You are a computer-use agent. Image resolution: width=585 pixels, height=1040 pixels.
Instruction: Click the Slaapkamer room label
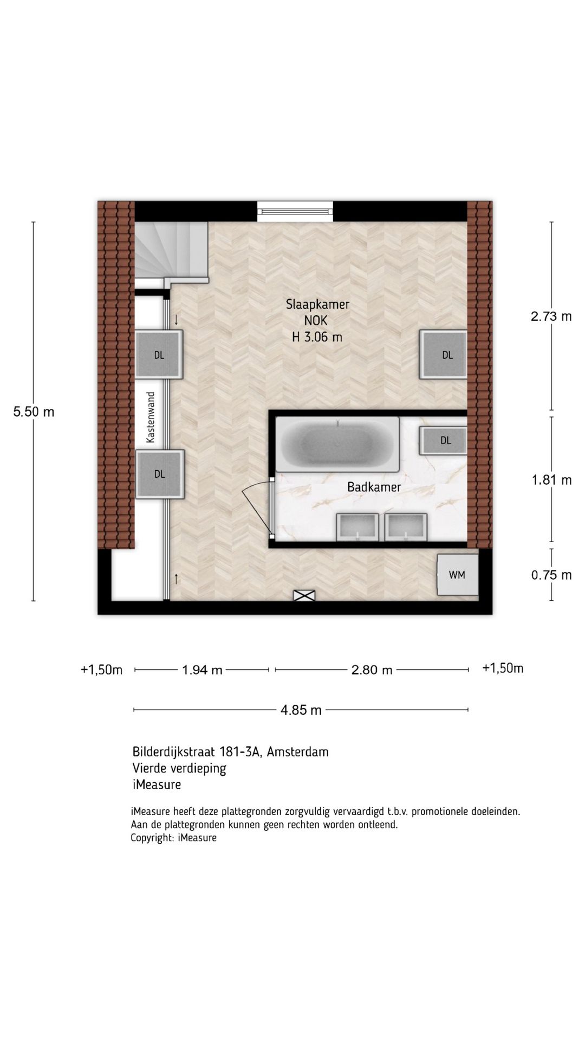coord(317,304)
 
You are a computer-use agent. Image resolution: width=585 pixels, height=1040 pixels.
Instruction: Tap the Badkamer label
coord(374,487)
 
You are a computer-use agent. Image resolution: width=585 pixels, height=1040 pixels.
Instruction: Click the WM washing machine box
coord(457,575)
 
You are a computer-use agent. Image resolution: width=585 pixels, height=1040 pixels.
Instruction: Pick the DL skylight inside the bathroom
coord(445,440)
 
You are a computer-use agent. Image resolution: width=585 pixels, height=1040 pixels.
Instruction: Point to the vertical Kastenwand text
coord(151,417)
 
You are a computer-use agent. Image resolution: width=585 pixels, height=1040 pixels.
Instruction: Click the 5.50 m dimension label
coord(34,412)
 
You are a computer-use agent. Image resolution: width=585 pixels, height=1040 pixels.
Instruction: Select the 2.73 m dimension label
coord(551,316)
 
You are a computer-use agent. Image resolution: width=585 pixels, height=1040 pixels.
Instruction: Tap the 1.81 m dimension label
coord(551,480)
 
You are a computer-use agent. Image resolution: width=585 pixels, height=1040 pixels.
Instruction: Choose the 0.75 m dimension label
coord(551,575)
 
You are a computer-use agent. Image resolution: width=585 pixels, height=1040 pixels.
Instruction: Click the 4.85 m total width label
coord(301,710)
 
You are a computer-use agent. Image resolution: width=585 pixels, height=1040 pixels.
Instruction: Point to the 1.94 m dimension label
coord(202,670)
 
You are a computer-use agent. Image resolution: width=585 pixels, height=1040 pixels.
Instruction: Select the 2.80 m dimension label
coord(372,670)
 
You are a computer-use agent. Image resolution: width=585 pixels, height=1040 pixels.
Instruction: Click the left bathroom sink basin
coord(357,527)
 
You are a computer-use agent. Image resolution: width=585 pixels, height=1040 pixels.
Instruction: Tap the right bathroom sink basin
coord(406,527)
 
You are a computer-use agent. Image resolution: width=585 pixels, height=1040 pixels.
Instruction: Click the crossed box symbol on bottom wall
coord(304,595)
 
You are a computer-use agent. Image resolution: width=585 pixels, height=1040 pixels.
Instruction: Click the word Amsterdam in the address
coord(297,752)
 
